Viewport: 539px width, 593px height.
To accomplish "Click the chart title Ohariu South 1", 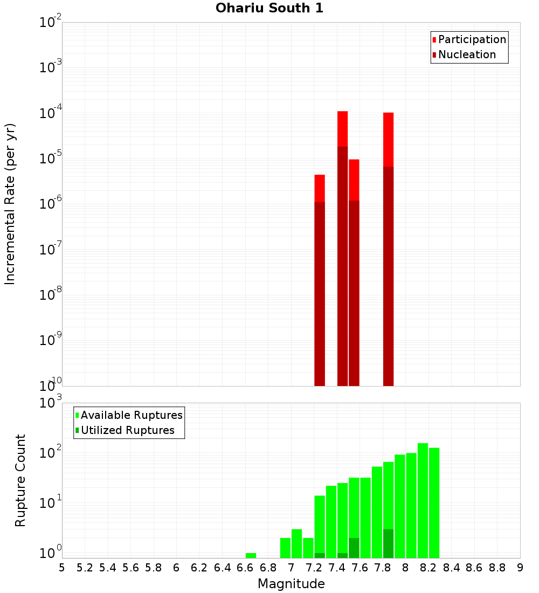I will [269, 9].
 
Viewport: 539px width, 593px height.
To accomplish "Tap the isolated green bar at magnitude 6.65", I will [251, 555].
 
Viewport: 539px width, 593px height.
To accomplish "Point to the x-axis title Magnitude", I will [291, 584].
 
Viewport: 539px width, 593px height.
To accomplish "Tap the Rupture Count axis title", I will [20, 480].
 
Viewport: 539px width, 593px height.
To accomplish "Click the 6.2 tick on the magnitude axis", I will [199, 567].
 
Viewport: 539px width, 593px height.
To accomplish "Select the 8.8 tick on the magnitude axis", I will [497, 567].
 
